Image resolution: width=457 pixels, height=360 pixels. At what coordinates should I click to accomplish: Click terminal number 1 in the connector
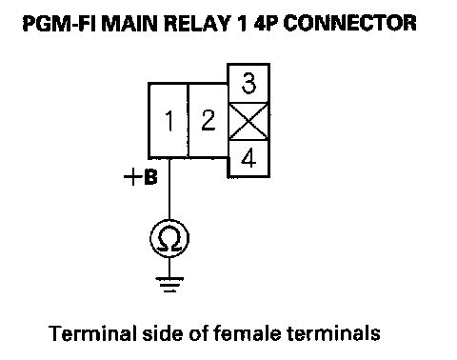point(169,121)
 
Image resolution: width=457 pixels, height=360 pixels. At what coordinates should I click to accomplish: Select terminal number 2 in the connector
point(209,121)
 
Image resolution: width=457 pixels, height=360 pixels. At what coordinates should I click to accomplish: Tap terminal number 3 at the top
point(248,83)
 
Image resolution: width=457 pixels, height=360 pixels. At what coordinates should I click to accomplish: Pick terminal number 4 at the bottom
point(248,158)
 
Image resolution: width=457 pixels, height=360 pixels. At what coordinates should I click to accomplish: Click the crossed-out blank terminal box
point(248,121)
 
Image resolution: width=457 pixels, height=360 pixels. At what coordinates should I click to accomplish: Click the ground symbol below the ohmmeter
point(169,285)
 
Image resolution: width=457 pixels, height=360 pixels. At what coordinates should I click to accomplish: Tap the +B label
point(140,177)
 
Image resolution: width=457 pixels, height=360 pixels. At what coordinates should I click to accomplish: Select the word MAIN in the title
point(129,24)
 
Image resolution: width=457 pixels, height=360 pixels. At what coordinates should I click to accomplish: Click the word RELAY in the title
point(197,24)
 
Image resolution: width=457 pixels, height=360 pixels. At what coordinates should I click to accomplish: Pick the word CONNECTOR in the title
point(349,24)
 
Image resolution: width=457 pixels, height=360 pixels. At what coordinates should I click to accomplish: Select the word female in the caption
point(247,333)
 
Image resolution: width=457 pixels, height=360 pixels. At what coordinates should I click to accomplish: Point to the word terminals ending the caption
point(333,333)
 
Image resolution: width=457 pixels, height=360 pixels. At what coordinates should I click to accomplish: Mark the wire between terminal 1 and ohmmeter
point(169,189)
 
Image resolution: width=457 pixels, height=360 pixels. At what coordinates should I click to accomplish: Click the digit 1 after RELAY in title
point(241,24)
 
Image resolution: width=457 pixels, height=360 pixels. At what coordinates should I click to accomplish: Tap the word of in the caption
point(198,333)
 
